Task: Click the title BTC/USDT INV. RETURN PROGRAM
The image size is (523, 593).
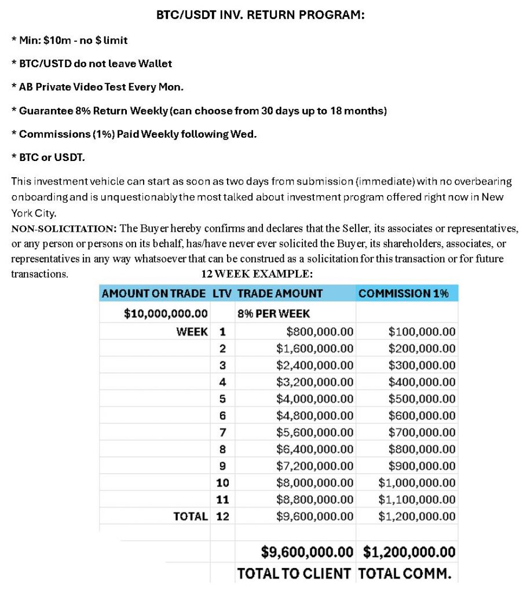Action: coord(261,16)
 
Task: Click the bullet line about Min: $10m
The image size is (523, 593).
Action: coord(70,41)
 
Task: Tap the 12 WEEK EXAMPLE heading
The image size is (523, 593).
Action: coord(257,273)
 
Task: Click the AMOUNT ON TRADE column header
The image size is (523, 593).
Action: coord(153,294)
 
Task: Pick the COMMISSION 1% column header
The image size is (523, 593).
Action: coord(403,294)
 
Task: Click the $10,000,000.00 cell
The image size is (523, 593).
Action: coord(166,313)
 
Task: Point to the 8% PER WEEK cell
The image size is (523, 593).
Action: coord(273,313)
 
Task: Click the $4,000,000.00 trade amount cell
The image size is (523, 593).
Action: coord(315,399)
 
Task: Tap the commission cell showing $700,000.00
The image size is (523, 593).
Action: coord(422,433)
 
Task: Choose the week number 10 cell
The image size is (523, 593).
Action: coord(223,482)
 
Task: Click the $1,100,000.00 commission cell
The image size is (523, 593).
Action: coord(417,499)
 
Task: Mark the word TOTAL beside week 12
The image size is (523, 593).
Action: coord(191,516)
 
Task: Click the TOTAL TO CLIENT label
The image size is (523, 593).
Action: coord(294,573)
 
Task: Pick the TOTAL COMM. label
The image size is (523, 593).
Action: coord(404,573)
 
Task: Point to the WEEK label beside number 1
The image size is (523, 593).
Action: coord(192,332)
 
